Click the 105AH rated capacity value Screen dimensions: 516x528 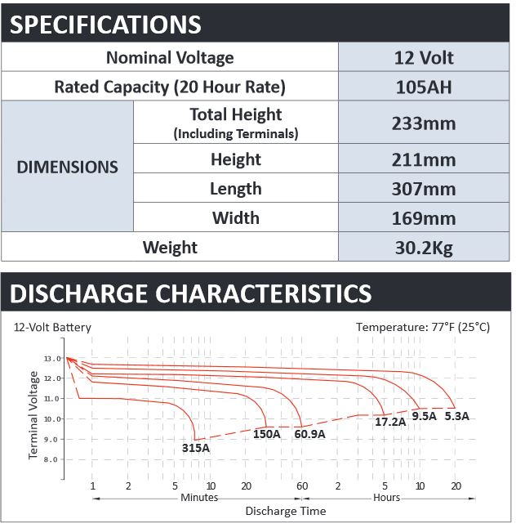pyautogui.click(x=424, y=87)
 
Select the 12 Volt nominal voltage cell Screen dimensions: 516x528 pyautogui.click(x=424, y=57)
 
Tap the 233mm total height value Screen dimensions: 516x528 pyautogui.click(x=424, y=123)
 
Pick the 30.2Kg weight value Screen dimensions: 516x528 pyautogui.click(x=424, y=248)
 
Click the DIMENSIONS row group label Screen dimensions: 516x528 pyautogui.click(x=67, y=167)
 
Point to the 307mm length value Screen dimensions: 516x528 pyautogui.click(x=424, y=189)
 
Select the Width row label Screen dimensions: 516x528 pyautogui.click(x=236, y=218)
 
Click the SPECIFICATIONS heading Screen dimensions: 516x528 pyautogui.click(x=105, y=25)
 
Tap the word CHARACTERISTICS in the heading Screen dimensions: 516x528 pyautogui.click(x=263, y=293)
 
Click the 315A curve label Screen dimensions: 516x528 pyautogui.click(x=196, y=448)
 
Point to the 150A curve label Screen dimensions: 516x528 pyautogui.click(x=266, y=434)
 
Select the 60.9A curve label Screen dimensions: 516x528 pyautogui.click(x=309, y=434)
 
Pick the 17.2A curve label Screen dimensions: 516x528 pyautogui.click(x=390, y=422)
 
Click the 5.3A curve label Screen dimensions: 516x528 pyautogui.click(x=456, y=416)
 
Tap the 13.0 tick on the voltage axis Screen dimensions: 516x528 pyautogui.click(x=52, y=358)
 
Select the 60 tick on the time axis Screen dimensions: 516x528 pyautogui.click(x=302, y=486)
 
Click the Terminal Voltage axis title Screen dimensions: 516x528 pyautogui.click(x=33, y=415)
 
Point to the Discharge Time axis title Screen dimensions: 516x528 pyautogui.click(x=286, y=511)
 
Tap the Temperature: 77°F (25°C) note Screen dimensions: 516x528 pyautogui.click(x=423, y=327)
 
